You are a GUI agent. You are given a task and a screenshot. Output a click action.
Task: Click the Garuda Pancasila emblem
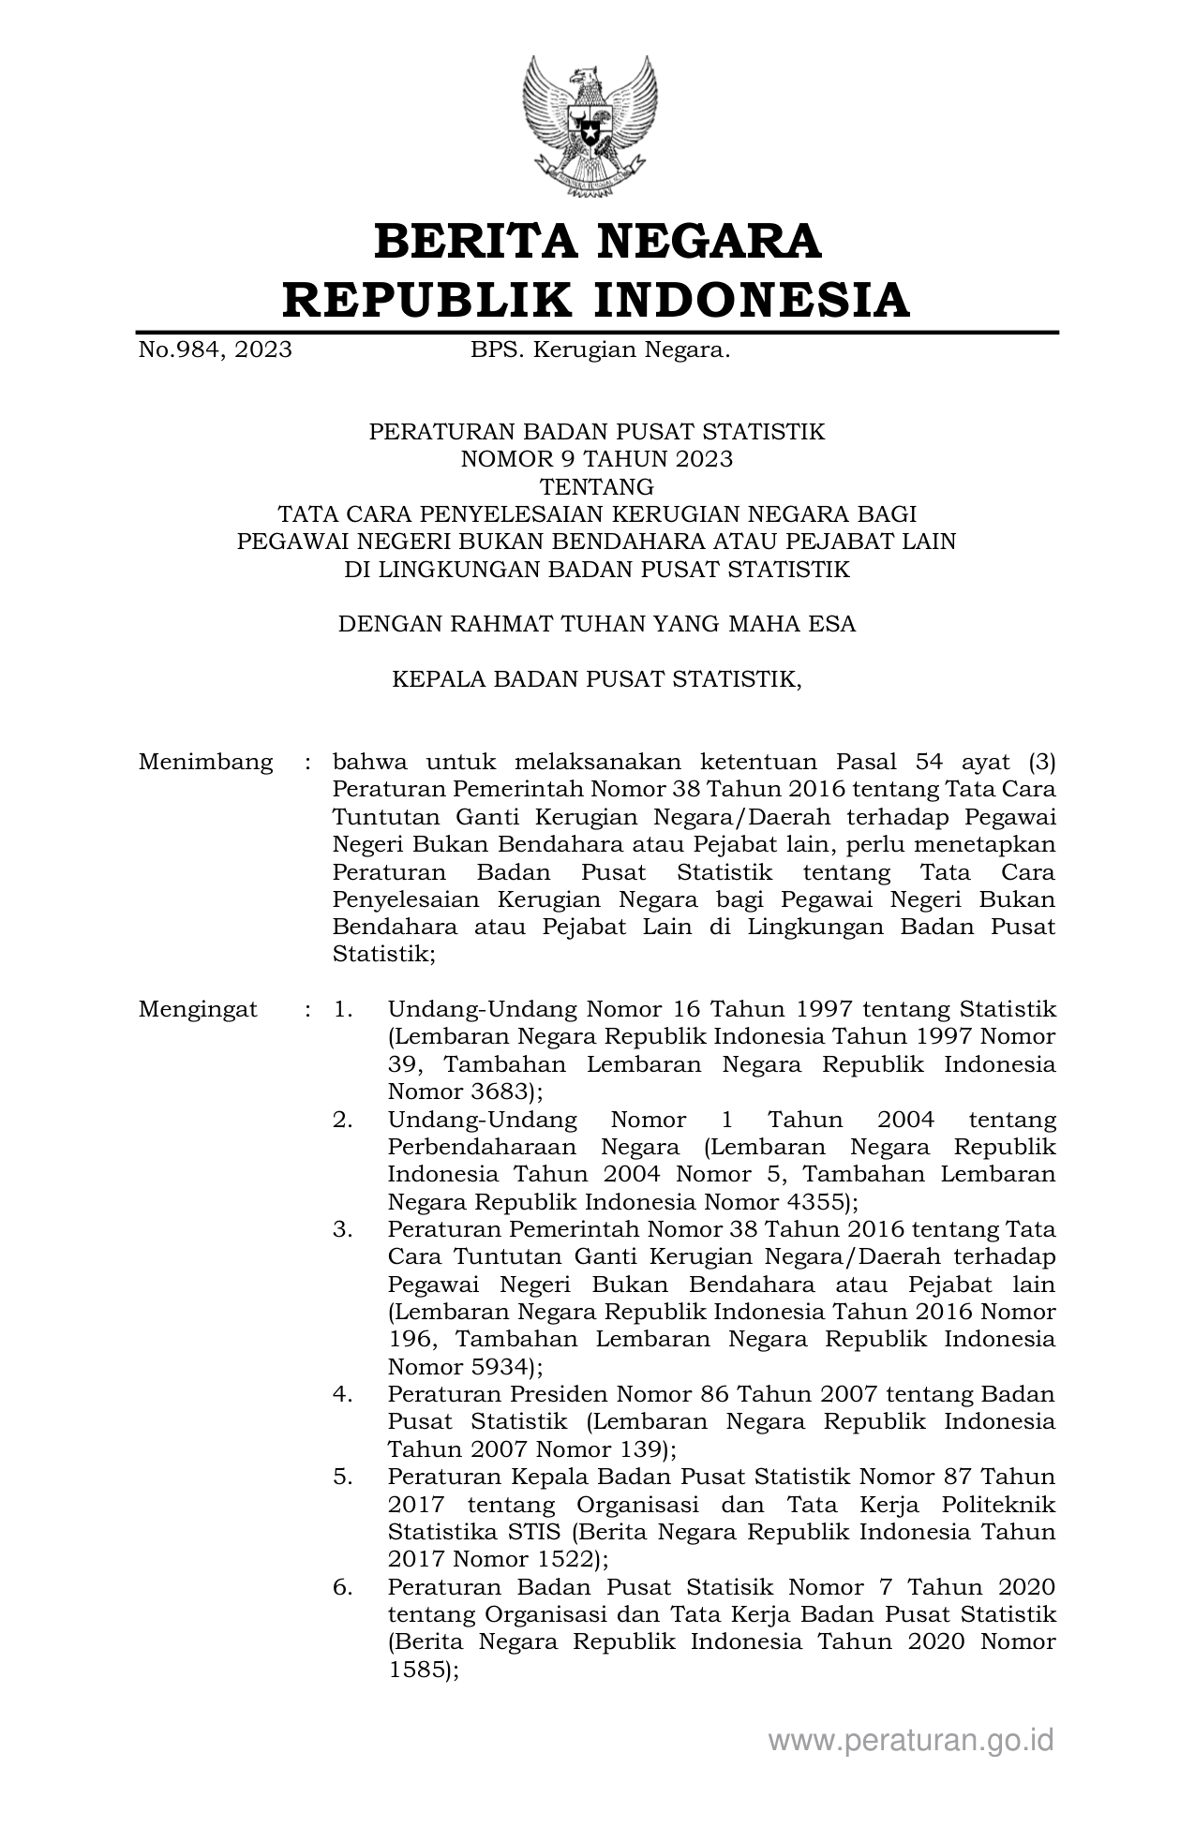(590, 126)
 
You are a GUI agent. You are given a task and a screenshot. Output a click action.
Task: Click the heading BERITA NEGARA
(597, 242)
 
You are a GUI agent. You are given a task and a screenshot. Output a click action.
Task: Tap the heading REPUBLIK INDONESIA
(597, 300)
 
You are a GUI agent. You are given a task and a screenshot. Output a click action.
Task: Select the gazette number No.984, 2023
(216, 350)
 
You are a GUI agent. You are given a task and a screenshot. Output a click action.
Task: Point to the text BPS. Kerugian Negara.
(600, 350)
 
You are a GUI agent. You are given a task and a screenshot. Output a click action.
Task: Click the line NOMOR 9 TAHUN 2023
(597, 459)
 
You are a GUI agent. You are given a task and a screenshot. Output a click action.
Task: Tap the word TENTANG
(597, 487)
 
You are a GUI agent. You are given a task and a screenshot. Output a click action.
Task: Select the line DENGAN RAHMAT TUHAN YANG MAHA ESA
(597, 624)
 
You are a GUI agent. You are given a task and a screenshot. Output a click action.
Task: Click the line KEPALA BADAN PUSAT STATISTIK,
(597, 679)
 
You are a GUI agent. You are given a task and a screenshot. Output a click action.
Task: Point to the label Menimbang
(206, 762)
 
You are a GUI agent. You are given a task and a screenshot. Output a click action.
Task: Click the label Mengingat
(199, 1010)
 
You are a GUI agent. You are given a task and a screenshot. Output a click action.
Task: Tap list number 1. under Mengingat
(343, 1010)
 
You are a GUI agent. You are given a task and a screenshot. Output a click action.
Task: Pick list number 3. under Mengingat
(343, 1229)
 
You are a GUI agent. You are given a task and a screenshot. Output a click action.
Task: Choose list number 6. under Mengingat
(343, 1587)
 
